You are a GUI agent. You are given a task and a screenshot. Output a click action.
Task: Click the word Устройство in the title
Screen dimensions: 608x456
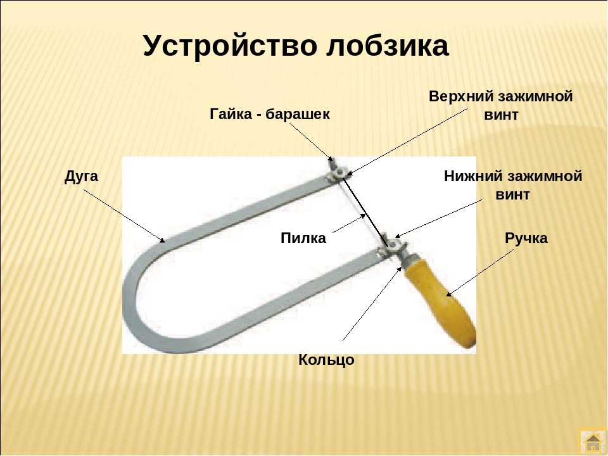click(230, 46)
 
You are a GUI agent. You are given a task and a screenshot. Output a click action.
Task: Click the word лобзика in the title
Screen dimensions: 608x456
click(387, 46)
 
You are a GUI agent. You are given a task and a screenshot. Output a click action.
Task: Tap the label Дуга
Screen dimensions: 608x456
click(81, 177)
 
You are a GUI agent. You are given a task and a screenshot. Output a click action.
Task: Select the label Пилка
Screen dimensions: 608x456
click(303, 237)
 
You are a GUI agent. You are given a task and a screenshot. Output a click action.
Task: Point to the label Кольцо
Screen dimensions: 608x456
click(326, 360)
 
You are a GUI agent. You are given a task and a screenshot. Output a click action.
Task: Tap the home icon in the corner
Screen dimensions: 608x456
click(593, 442)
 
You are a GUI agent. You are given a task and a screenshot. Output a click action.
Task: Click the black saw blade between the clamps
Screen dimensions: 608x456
click(365, 212)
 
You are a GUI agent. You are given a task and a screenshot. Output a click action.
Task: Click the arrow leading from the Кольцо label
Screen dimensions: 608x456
click(372, 303)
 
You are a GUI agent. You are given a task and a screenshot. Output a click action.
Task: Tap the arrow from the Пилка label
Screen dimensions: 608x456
click(349, 224)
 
